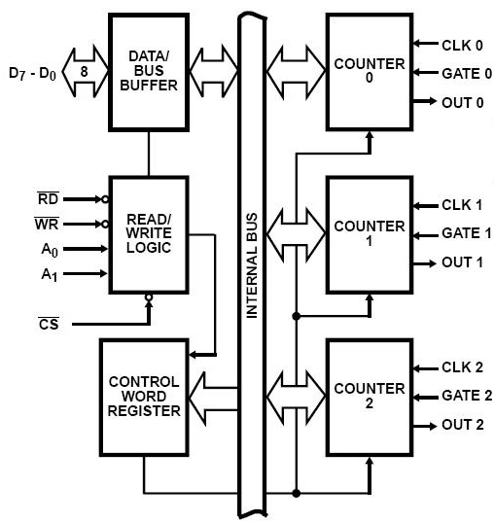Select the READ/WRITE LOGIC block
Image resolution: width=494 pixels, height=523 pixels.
pos(148,234)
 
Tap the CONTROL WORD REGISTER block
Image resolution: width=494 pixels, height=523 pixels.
pos(144,396)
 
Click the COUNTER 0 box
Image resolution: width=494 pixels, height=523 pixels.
pos(369,72)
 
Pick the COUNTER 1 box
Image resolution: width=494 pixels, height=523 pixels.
pos(369,234)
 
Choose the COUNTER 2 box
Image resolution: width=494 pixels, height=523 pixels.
pos(369,396)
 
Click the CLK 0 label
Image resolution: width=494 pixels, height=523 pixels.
pos(462,44)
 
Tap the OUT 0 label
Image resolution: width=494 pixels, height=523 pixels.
pos(463,101)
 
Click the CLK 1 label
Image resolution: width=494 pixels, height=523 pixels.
pos(462,205)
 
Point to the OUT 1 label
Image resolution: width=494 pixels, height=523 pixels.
pos(463,262)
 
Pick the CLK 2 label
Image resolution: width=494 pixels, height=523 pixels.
pos(462,368)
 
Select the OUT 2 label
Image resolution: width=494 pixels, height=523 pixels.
pos(463,425)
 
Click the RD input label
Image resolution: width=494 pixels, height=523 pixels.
pos(48,198)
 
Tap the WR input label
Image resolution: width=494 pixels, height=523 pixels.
pos(48,224)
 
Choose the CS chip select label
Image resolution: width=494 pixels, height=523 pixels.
pos(49,323)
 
